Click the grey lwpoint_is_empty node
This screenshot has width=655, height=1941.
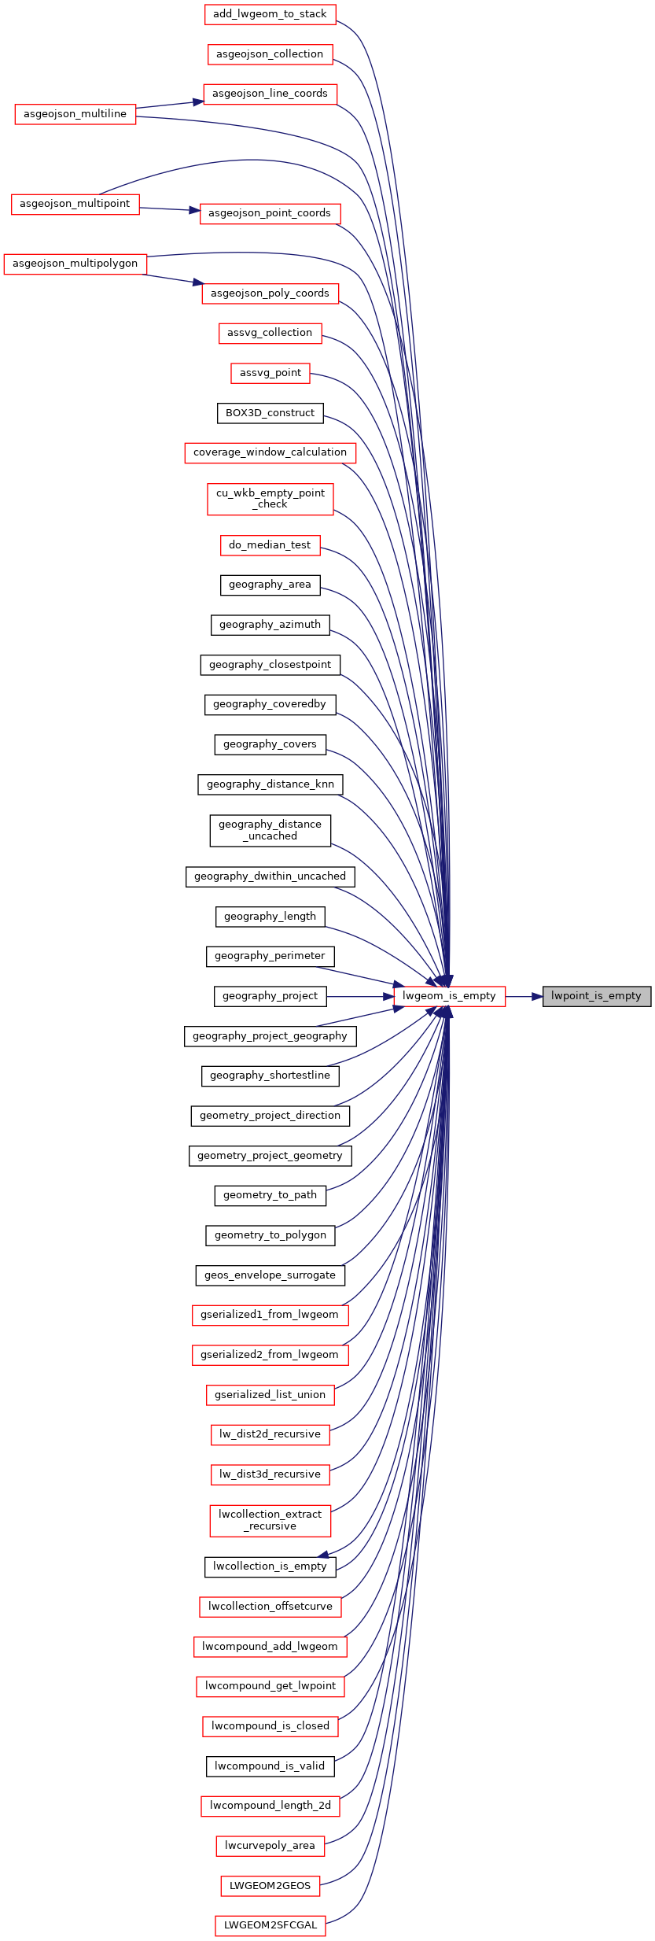597,996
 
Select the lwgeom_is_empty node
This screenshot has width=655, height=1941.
449,996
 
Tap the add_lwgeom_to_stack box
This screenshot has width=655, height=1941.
270,14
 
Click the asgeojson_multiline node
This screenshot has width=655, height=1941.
75,114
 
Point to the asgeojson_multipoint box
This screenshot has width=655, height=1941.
75,204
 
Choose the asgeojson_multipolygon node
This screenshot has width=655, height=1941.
75,264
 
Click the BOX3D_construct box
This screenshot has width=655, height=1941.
270,413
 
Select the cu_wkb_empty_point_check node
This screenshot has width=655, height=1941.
270,499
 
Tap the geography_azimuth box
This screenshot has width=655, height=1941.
270,625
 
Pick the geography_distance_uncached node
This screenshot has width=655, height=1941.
270,830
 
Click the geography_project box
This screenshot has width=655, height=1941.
270,996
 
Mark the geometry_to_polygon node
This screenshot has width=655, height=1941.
270,1235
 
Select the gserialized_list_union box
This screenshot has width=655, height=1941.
270,1395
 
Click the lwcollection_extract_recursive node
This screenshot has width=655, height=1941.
270,1520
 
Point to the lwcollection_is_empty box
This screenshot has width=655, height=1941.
270,1566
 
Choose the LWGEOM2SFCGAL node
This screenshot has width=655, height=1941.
270,1925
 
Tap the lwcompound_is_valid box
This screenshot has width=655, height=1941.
270,1766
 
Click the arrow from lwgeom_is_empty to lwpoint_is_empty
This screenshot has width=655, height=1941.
524,996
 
